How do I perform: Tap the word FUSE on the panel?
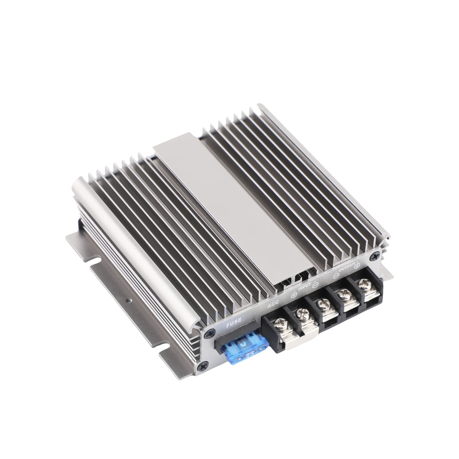(x=234, y=325)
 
